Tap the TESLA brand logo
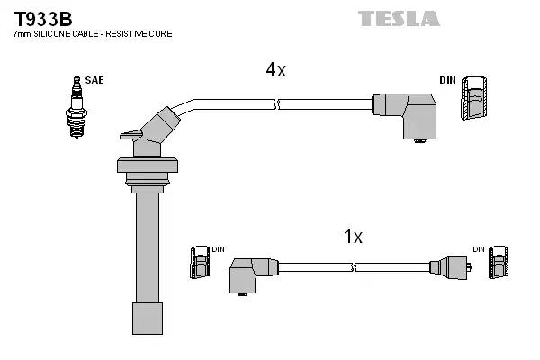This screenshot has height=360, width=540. click(399, 18)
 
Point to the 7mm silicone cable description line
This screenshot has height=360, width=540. click(92, 33)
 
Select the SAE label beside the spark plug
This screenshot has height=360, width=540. click(95, 80)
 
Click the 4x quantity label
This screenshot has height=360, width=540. click(274, 70)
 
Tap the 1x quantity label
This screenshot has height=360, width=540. click(353, 237)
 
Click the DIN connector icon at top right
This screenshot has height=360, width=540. click(476, 100)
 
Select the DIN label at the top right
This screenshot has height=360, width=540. click(447, 80)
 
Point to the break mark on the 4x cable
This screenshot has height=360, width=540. click(278, 104)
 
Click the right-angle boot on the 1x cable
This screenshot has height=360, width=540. click(251, 272)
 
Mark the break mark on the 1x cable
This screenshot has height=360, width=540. click(355, 266)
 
